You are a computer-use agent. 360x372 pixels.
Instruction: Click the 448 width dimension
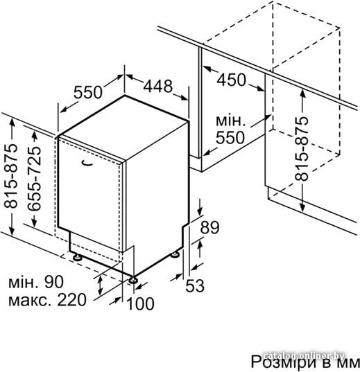click(x=157, y=86)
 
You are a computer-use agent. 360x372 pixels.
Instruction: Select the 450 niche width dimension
click(x=232, y=80)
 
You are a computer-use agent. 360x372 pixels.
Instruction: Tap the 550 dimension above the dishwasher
click(x=87, y=92)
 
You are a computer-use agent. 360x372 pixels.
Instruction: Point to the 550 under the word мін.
click(x=230, y=137)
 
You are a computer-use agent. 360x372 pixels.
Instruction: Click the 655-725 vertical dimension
click(x=34, y=178)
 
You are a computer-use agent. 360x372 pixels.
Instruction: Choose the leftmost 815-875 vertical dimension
click(x=10, y=176)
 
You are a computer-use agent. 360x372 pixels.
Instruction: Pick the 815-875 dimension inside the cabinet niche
click(x=301, y=148)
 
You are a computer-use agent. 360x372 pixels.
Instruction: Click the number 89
click(x=209, y=227)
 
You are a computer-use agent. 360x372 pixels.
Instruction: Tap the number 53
click(x=195, y=285)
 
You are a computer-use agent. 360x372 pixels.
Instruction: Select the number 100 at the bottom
click(x=141, y=303)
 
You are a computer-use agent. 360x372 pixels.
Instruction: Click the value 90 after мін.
click(x=54, y=282)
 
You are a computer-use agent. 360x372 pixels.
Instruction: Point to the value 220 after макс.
click(x=71, y=300)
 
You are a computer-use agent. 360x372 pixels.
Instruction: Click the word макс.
click(x=31, y=301)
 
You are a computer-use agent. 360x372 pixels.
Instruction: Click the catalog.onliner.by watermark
click(x=305, y=355)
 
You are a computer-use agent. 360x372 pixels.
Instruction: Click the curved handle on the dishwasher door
click(x=87, y=163)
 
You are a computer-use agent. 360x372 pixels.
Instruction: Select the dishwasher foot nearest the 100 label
click(x=132, y=280)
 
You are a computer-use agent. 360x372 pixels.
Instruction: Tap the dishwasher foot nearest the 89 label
click(x=175, y=254)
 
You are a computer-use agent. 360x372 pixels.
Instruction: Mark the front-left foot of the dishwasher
click(x=77, y=257)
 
